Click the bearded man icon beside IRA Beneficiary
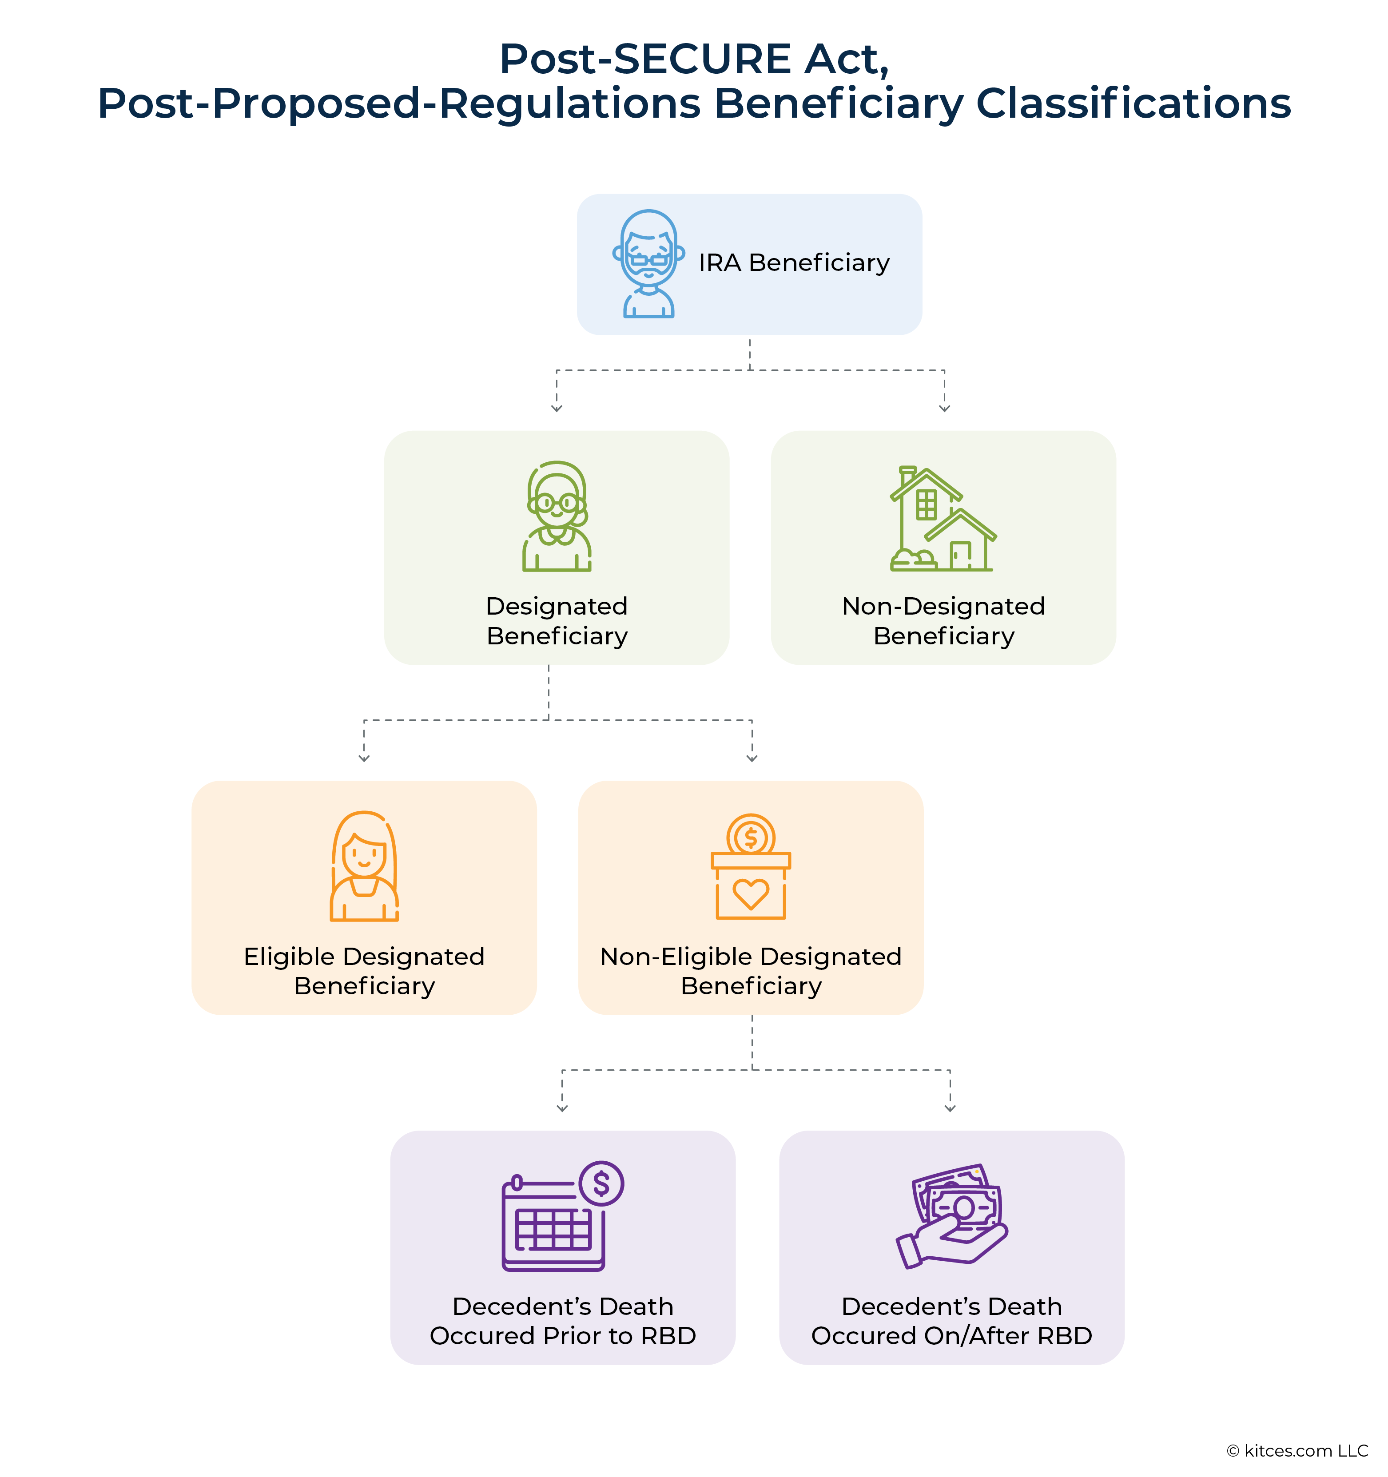pos(648,264)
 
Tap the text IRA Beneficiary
pos(794,263)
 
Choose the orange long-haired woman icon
pos(364,866)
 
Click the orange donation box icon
pos(751,868)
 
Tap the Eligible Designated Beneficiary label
pos(364,971)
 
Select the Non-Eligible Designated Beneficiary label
pos(751,971)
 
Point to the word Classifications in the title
pos(1133,103)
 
